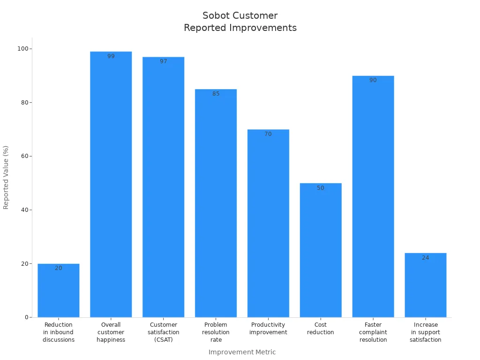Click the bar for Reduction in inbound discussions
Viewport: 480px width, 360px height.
click(59, 291)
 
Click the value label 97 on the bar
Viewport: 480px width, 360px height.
click(163, 61)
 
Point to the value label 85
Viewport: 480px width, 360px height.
click(216, 94)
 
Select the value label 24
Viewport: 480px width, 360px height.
click(425, 258)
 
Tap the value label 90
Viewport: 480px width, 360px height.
click(373, 80)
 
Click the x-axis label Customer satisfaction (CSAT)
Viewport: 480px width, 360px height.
click(163, 332)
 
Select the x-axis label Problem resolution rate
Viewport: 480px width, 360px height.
click(216, 332)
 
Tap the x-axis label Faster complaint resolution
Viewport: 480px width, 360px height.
click(373, 332)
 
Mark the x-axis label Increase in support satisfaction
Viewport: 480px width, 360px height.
click(426, 332)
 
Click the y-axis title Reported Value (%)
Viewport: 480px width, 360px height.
click(6, 177)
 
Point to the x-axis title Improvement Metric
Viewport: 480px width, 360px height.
click(242, 352)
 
